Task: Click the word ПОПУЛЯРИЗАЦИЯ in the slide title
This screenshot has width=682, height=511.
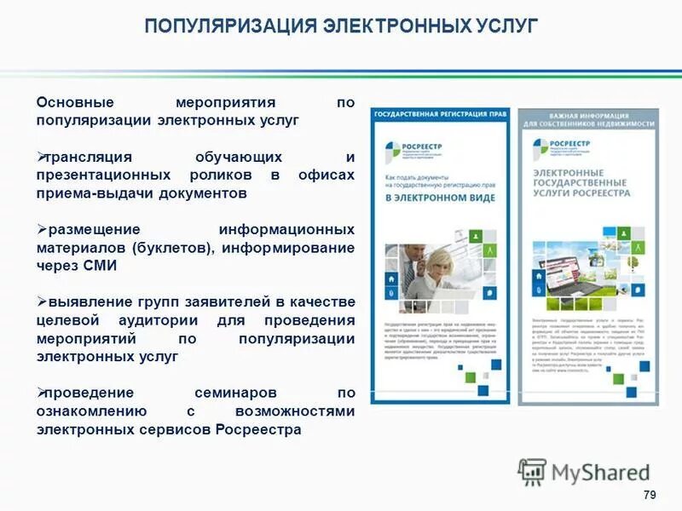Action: (x=228, y=26)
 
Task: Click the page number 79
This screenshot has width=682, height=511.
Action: (x=650, y=496)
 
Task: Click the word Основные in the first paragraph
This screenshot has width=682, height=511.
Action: (x=73, y=102)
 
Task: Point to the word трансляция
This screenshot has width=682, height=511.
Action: (x=90, y=158)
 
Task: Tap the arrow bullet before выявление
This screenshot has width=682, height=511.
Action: (x=41, y=301)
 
